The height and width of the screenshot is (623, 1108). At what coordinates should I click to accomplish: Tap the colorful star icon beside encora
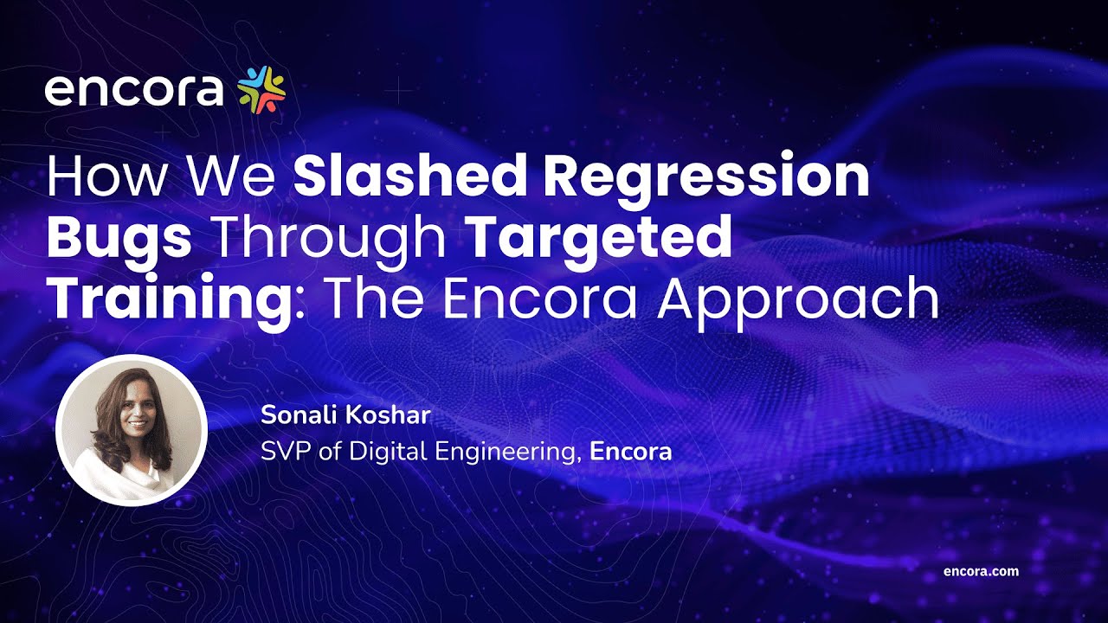pos(261,89)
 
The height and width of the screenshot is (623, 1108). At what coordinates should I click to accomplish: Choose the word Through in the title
pos(330,238)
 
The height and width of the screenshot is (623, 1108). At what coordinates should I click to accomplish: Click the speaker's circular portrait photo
pos(132,430)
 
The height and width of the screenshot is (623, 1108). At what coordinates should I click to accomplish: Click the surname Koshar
pos(394,415)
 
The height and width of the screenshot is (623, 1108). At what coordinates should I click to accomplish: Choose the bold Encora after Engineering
pos(630,451)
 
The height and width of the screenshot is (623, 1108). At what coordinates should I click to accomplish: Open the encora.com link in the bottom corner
pos(981,571)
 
